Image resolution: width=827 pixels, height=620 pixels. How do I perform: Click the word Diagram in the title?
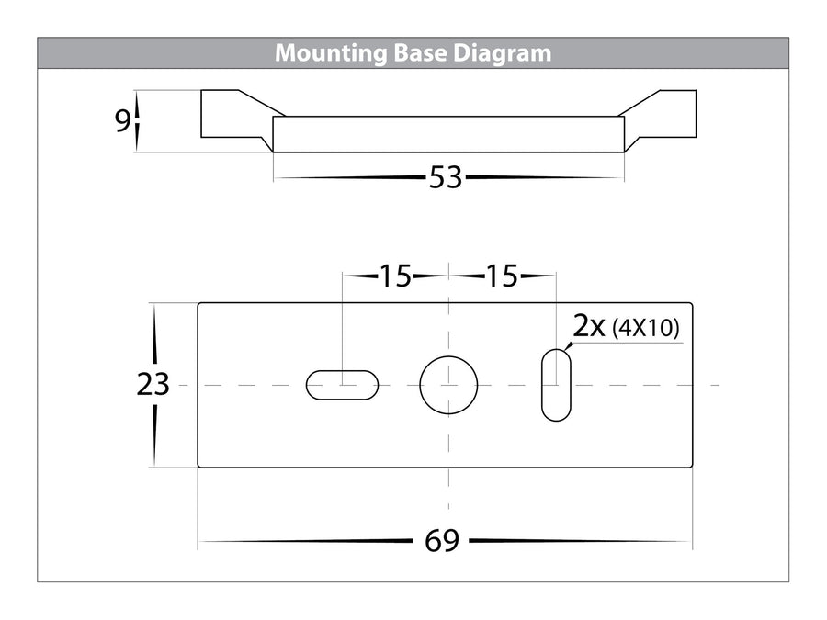tap(504, 53)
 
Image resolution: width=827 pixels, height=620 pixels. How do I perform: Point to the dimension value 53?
tap(446, 178)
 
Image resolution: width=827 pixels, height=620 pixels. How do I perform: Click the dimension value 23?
tap(153, 385)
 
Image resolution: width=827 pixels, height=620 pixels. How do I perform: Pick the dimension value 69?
tap(442, 541)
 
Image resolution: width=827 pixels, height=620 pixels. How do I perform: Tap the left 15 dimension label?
tap(395, 276)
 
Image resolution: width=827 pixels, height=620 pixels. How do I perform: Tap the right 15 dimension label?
tap(502, 276)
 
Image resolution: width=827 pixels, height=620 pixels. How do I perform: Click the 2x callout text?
tap(589, 327)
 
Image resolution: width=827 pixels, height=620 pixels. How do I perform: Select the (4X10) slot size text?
tap(647, 329)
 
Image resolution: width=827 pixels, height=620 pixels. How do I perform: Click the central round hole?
tap(449, 385)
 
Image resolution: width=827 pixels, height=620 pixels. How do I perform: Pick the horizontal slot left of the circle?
tap(341, 385)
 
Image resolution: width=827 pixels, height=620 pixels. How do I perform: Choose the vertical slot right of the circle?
tap(556, 385)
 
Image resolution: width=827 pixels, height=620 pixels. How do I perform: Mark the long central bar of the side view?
tap(448, 134)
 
